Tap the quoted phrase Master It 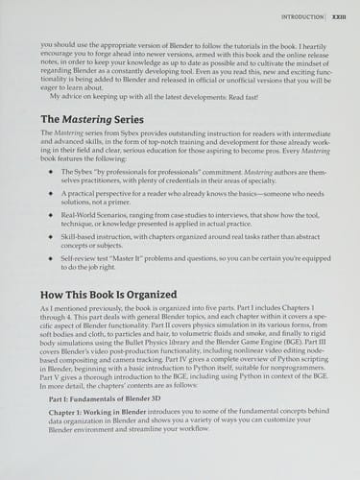tap(144, 259)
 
